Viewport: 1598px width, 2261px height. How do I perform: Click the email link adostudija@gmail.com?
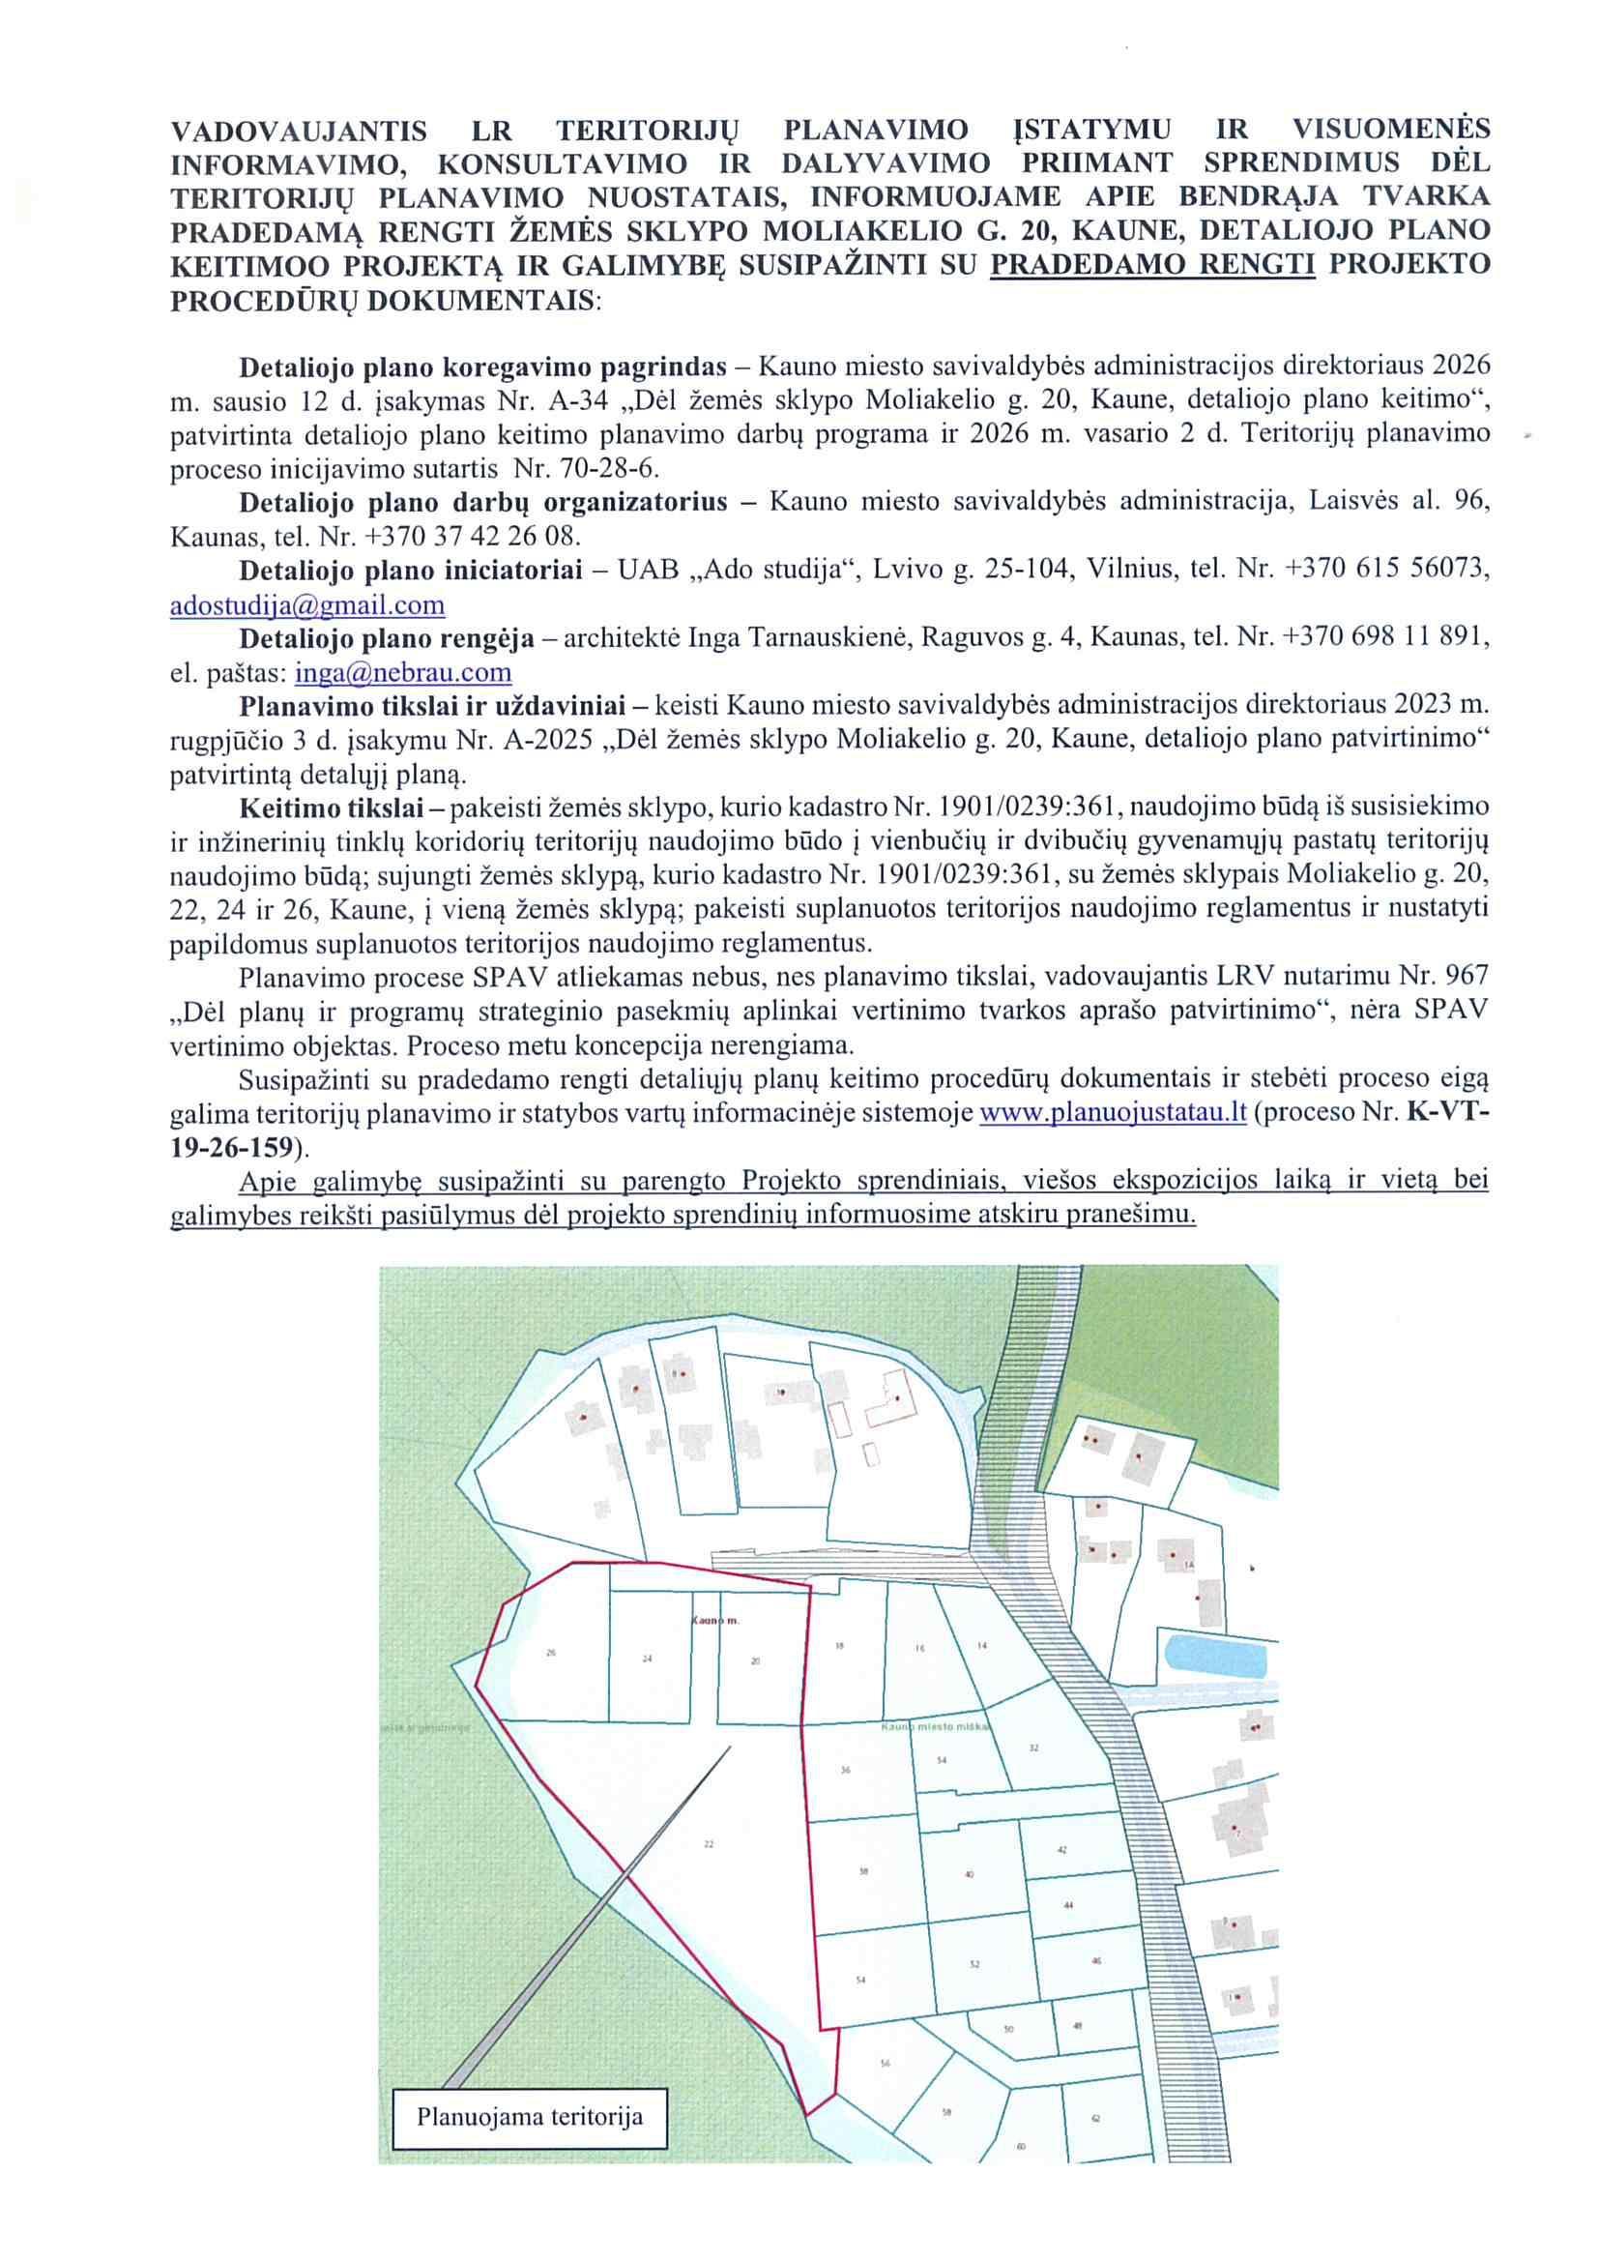click(307, 604)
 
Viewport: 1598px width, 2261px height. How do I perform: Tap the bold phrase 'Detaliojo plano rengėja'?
click(387, 639)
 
